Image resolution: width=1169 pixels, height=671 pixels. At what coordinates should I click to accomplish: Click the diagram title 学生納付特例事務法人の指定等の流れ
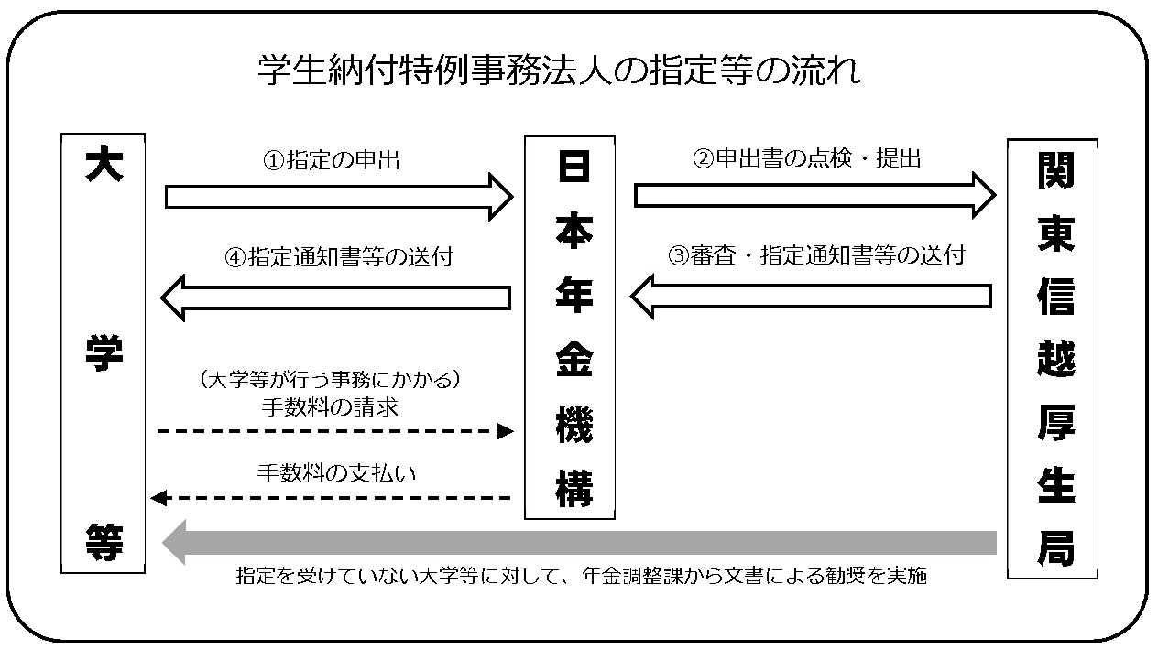[x=559, y=70]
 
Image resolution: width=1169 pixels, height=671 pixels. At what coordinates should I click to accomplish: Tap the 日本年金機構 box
[x=569, y=327]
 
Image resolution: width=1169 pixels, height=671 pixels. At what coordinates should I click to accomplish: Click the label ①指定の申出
[x=332, y=160]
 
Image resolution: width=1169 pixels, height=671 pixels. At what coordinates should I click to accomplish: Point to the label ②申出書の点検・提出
[x=805, y=158]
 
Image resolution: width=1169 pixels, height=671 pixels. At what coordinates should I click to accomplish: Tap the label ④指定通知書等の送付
[x=338, y=257]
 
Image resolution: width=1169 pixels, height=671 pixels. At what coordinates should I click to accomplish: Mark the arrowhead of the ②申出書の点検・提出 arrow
[x=982, y=195]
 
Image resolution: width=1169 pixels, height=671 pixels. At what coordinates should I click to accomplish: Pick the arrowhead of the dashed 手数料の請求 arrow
[x=506, y=430]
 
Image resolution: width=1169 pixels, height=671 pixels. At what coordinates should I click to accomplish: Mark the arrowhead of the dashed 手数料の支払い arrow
[x=158, y=498]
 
